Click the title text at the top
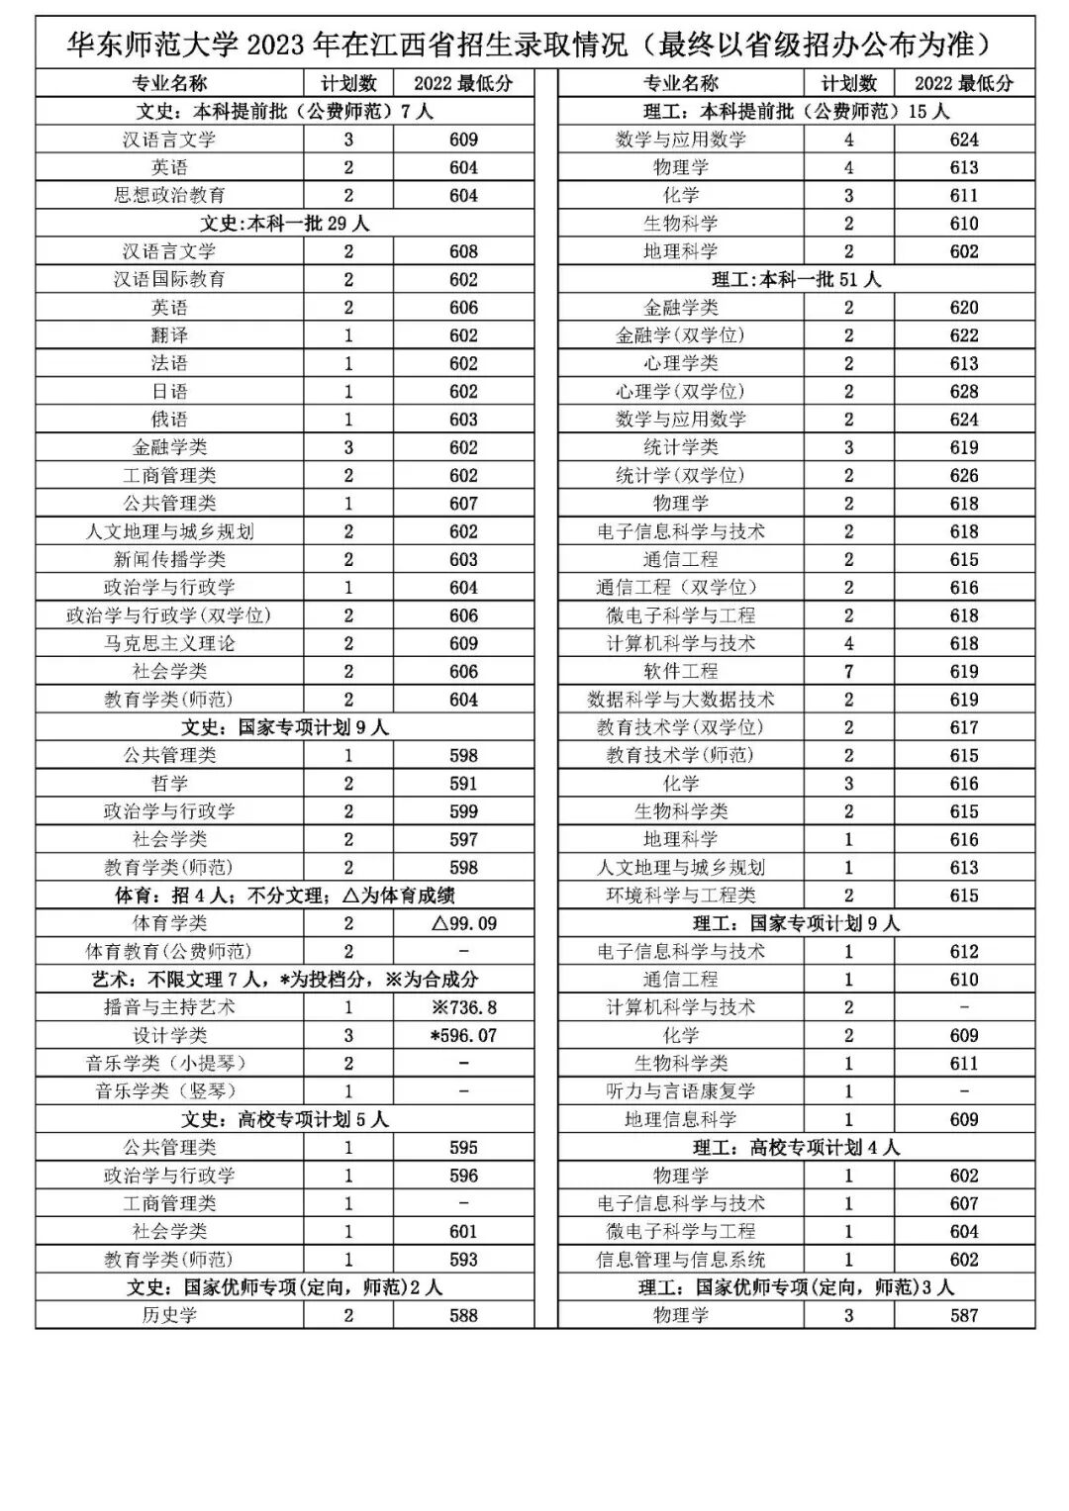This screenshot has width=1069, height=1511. point(534,45)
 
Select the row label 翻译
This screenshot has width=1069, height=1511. point(169,335)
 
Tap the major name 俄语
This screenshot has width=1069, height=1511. point(169,420)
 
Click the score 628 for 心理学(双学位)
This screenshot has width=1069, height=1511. point(963,392)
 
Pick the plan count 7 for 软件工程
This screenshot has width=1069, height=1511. point(848,672)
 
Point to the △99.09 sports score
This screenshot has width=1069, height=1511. point(463,923)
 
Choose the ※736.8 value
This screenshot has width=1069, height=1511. point(463,1007)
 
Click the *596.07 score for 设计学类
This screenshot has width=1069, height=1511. point(463,1036)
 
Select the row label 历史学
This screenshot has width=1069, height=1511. point(169,1315)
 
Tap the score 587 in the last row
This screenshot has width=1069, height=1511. point(963,1315)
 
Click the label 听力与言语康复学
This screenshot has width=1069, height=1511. point(680,1091)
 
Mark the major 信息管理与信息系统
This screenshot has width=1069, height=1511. point(680,1260)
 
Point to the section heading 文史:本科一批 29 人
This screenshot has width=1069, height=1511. point(284,224)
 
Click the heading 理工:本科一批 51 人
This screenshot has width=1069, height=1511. point(796,280)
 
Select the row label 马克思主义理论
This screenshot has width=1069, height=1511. point(169,643)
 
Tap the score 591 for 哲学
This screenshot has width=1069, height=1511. point(463,784)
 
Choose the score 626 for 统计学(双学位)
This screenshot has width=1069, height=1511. point(963,476)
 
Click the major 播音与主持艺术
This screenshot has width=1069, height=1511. point(169,1007)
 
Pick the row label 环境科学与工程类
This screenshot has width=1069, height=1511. point(680,896)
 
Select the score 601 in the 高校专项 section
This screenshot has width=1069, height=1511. point(463,1232)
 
